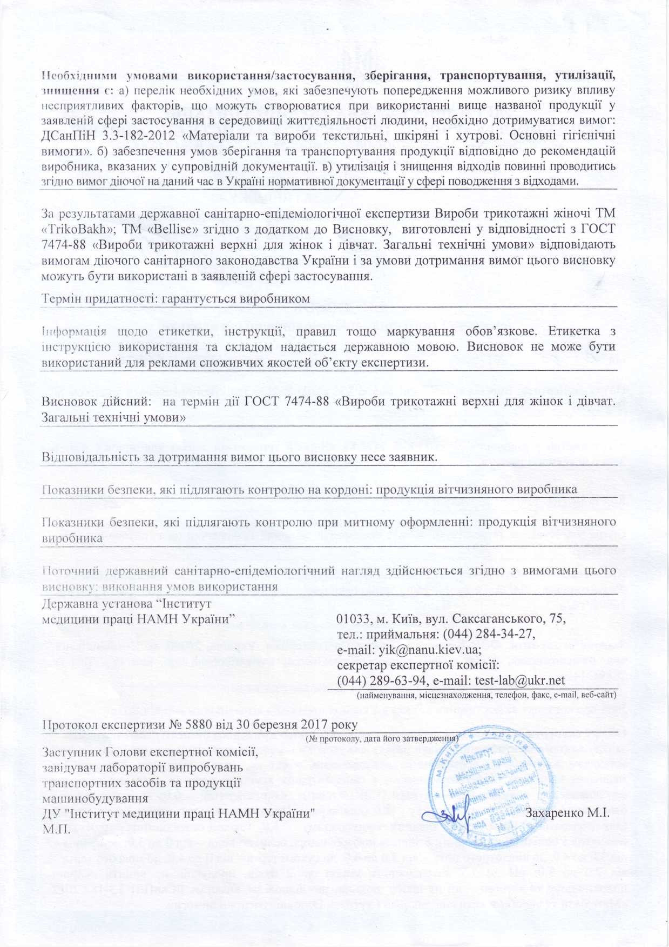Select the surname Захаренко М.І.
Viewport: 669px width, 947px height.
(567, 813)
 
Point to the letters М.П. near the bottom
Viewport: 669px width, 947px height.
(56, 829)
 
